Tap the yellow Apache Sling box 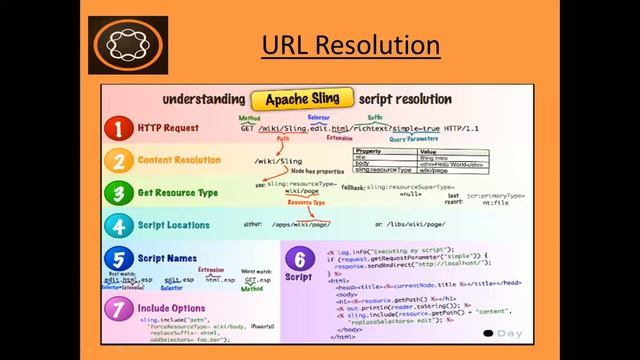[303, 99]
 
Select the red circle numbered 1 [119, 129]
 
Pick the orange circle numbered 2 [119, 161]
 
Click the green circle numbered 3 [119, 193]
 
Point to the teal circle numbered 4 [119, 225]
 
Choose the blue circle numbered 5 [119, 257]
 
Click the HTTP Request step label [169, 128]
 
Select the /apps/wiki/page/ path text [302, 226]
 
